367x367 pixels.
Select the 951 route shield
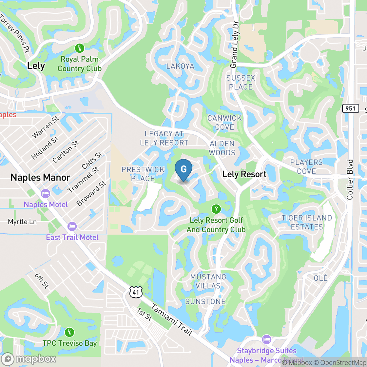[x=351, y=108]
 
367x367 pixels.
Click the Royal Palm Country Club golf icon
[x=79, y=48]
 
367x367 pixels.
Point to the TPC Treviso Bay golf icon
[x=69, y=332]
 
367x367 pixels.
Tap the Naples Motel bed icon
[x=45, y=194]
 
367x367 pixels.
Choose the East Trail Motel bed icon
[x=72, y=226]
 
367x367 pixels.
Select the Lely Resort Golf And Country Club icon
[x=216, y=209]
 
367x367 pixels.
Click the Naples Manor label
[x=40, y=178]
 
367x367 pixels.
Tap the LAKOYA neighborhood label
[x=180, y=66]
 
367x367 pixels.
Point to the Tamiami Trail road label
[x=171, y=319]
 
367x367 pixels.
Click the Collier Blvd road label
[x=350, y=180]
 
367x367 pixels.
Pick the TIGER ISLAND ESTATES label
[x=307, y=222]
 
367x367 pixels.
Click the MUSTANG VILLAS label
[x=208, y=281]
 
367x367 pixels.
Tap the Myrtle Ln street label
[x=22, y=222]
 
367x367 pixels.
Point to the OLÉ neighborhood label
[x=320, y=278]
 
